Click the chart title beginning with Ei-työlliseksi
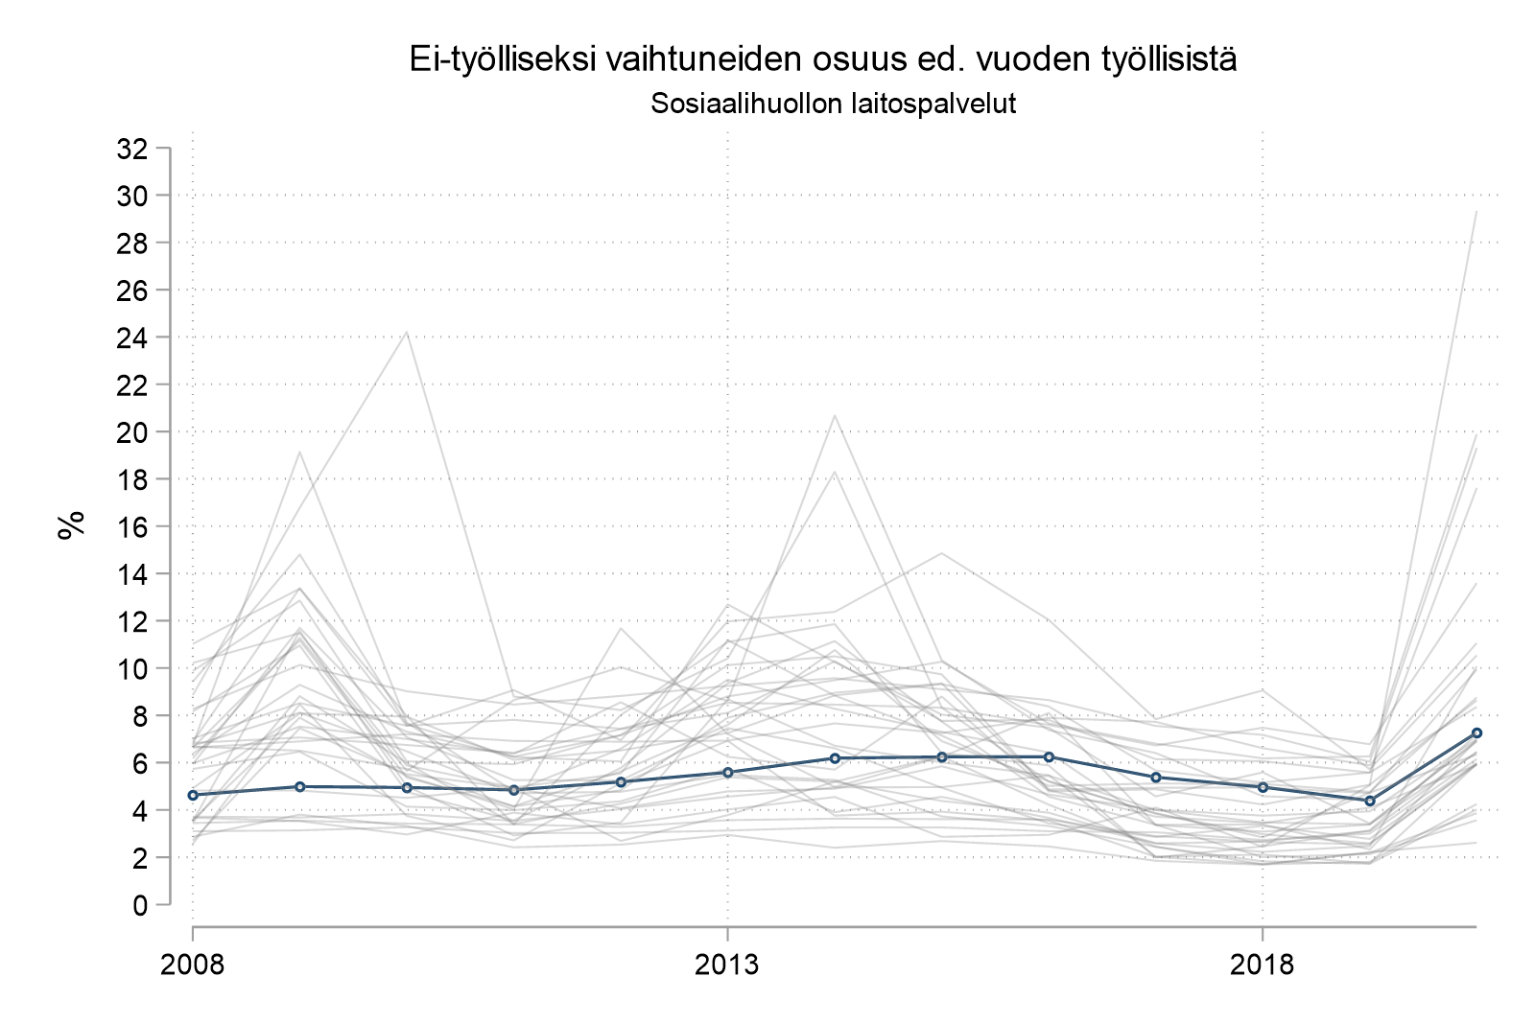pyautogui.click(x=822, y=59)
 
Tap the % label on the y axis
pyautogui.click(x=71, y=525)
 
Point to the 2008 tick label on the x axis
pyautogui.click(x=193, y=964)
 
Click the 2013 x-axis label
pyautogui.click(x=727, y=964)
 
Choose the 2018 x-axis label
pyautogui.click(x=1263, y=964)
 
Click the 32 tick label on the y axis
pyautogui.click(x=131, y=149)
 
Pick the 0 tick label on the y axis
pyautogui.click(x=141, y=905)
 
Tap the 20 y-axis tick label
pyautogui.click(x=131, y=432)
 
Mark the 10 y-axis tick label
pyautogui.click(x=131, y=668)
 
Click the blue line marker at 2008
pyautogui.click(x=193, y=795)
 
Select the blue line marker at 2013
pyautogui.click(x=727, y=772)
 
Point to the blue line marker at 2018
pyautogui.click(x=1263, y=787)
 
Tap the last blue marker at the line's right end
pyautogui.click(x=1476, y=732)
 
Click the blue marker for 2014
pyautogui.click(x=835, y=758)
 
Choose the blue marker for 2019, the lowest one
pyautogui.click(x=1370, y=801)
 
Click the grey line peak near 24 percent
pyautogui.click(x=407, y=333)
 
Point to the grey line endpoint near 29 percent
pyautogui.click(x=1476, y=212)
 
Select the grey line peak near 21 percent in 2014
pyautogui.click(x=835, y=415)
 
